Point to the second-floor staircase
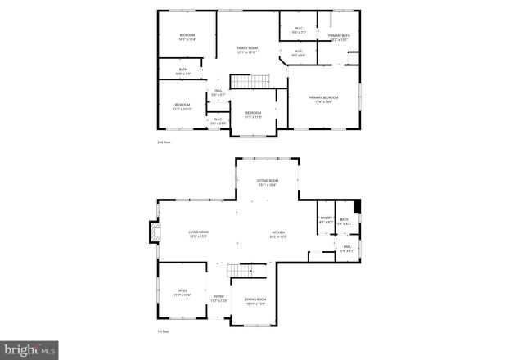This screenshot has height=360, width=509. point(250,81)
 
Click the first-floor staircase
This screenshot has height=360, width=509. point(238,271)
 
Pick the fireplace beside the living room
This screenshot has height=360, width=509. point(151,233)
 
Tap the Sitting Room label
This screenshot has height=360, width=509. point(268,182)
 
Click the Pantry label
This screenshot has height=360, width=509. point(325,220)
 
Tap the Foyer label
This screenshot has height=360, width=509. point(218,299)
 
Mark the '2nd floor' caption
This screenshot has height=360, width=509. point(164,142)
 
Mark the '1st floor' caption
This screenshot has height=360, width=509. point(164,331)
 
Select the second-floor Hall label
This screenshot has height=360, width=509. point(218,92)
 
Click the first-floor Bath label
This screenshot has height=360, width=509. point(345,220)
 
